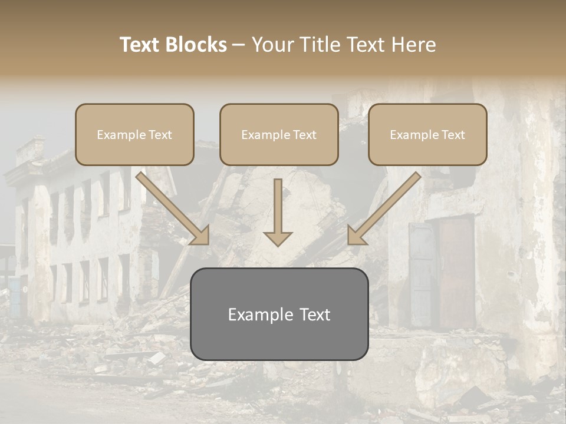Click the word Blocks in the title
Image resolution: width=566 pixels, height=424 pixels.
(x=197, y=45)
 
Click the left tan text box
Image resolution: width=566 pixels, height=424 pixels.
(x=134, y=134)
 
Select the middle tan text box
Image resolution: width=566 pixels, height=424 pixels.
(x=279, y=134)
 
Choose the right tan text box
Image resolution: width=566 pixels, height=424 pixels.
(x=427, y=134)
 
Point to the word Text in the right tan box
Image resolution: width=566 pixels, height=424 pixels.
(x=453, y=135)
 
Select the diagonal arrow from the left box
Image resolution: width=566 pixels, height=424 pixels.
(x=171, y=206)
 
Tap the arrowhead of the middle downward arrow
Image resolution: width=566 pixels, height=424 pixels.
(x=278, y=238)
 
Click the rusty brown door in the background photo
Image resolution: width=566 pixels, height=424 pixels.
(x=457, y=271)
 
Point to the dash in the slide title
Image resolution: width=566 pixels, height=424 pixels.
(x=239, y=45)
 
